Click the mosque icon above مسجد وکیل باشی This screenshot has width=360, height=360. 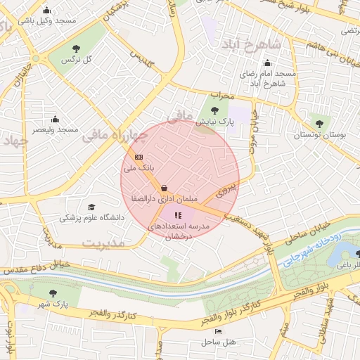coord(47,11)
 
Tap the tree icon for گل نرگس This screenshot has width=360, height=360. coord(76,49)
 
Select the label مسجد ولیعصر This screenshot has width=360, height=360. coord(54,129)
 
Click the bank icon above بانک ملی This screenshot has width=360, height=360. coord(139,157)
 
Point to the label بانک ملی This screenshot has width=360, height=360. coord(136,169)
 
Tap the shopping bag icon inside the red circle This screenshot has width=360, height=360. coord(164,188)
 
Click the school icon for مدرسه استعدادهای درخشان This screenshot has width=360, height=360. coord(177,215)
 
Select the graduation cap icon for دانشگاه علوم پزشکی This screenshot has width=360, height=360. coord(91,207)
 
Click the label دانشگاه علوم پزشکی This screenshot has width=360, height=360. coord(91,218)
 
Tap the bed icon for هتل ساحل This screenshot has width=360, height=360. coord(218,330)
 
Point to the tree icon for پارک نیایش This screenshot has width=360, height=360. coord(215,110)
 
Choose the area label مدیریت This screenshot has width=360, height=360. coord(103,243)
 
